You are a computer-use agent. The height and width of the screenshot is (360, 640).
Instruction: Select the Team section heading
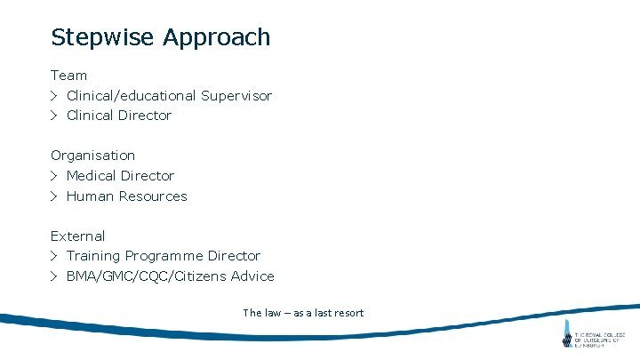(68, 76)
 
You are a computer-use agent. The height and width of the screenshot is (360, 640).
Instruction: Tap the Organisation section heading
(92, 156)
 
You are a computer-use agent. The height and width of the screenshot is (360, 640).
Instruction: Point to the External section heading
(77, 236)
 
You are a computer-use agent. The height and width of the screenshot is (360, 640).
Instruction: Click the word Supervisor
(236, 96)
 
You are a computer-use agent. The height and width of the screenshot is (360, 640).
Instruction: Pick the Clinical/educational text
(132, 96)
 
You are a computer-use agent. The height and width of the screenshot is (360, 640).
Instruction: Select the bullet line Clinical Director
(118, 116)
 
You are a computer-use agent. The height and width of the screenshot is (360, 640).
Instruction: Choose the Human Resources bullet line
(126, 196)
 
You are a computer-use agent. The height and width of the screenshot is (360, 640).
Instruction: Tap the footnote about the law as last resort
(303, 313)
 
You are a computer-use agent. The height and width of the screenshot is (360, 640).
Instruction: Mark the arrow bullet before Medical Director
(54, 176)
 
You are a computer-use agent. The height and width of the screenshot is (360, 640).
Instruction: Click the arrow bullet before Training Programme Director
(54, 256)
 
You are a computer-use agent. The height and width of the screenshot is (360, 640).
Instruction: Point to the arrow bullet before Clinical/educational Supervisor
(54, 96)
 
